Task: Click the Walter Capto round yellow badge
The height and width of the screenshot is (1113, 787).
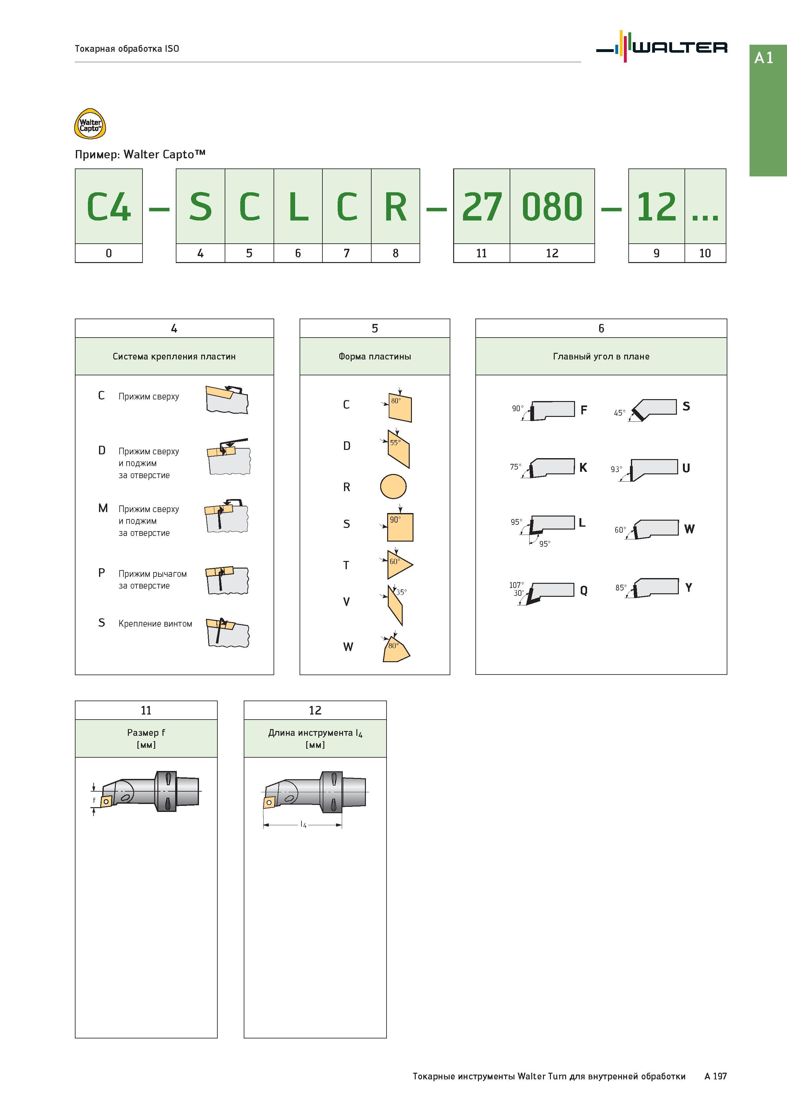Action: coord(90,124)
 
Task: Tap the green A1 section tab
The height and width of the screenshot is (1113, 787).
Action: coord(768,110)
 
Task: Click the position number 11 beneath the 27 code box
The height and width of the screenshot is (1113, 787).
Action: coord(481,253)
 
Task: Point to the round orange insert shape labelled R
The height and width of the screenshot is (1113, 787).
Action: coord(393,487)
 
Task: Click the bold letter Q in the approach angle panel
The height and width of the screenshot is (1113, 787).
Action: coord(584,590)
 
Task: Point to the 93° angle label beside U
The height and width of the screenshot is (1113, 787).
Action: coord(616,469)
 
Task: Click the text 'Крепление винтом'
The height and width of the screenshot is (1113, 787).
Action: coord(155,624)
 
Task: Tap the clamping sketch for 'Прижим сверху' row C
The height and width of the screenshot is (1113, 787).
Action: coord(227,399)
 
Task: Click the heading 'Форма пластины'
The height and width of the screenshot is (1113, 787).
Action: coord(375,356)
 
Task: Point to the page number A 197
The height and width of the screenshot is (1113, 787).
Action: coord(716,1076)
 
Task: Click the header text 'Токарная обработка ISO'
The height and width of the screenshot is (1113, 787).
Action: coord(127,49)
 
